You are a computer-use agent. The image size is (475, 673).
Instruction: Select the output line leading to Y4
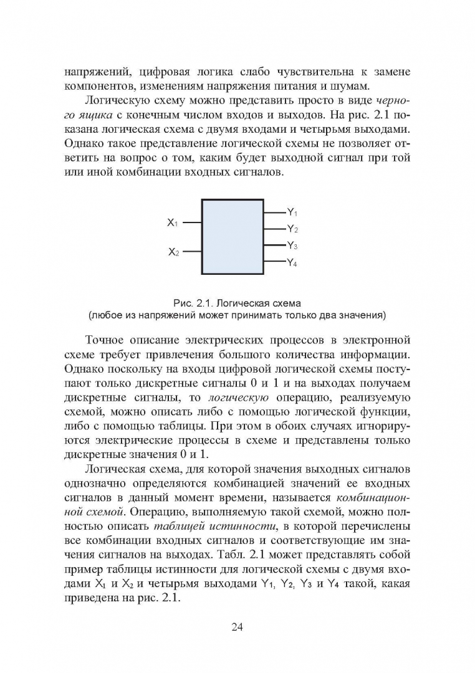click(275, 261)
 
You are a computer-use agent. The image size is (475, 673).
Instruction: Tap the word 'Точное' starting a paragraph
click(107, 341)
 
